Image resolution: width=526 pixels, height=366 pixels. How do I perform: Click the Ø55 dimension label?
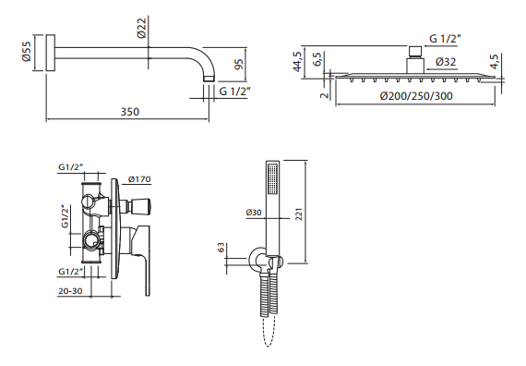pyautogui.click(x=27, y=51)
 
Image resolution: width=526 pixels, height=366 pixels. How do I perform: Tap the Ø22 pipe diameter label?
pyautogui.click(x=141, y=29)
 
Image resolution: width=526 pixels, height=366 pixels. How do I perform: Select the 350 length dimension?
pyautogui.click(x=130, y=112)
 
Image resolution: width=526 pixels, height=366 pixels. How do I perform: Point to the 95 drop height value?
pyautogui.click(x=238, y=64)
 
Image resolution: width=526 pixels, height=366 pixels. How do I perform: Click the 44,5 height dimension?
pyautogui.click(x=297, y=61)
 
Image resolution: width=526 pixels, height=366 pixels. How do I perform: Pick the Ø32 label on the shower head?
pyautogui.click(x=446, y=62)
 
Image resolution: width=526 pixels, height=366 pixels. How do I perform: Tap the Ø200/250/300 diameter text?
pyautogui.click(x=416, y=96)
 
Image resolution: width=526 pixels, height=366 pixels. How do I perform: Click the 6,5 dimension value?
pyautogui.click(x=317, y=59)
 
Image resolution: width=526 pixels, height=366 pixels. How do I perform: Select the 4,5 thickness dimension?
pyautogui.click(x=495, y=62)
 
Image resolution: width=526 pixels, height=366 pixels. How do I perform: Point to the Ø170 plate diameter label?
pyautogui.click(x=139, y=179)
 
